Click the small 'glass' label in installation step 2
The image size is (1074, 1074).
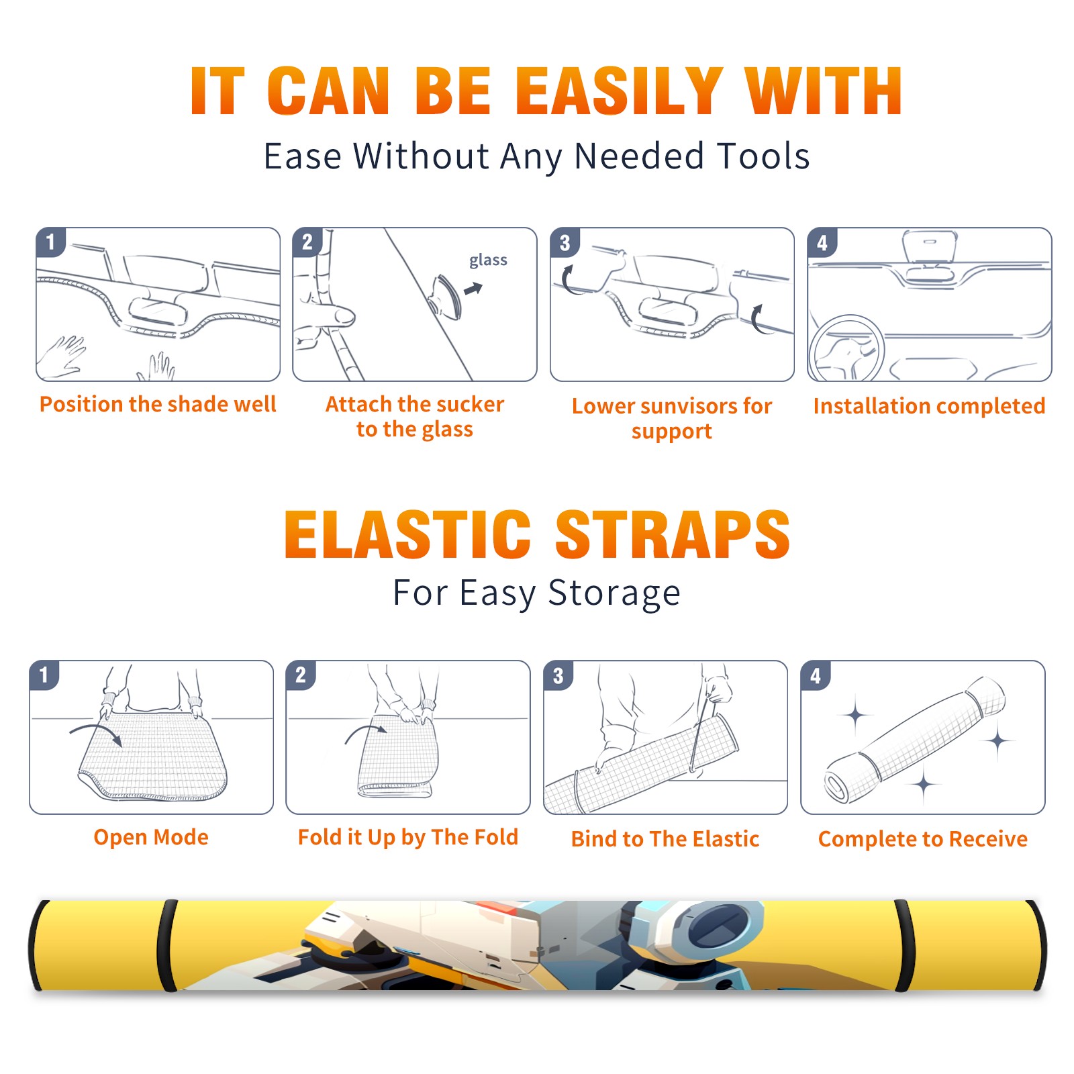tap(488, 260)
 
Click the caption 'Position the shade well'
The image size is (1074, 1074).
tap(158, 404)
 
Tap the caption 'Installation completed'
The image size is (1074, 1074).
tap(929, 406)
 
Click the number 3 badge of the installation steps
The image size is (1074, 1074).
tap(565, 242)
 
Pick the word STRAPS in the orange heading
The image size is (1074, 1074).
tap(673, 534)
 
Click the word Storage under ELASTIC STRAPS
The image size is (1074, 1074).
tap(614, 593)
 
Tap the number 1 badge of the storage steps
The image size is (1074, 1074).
tap(44, 675)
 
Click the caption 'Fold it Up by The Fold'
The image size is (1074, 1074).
tap(408, 837)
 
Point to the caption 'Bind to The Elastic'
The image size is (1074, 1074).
tap(665, 839)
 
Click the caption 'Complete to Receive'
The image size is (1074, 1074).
tap(923, 839)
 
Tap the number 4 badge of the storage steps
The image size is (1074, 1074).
tap(816, 675)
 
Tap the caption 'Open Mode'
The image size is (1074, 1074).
tap(151, 837)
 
